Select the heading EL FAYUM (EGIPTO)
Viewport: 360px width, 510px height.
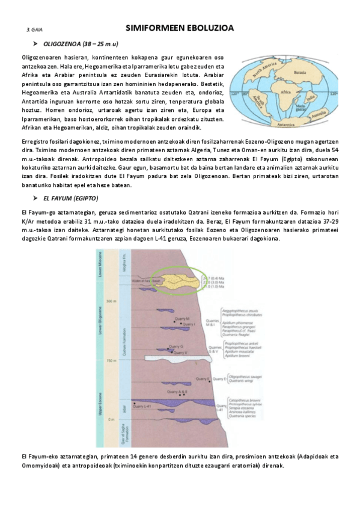point(70,198)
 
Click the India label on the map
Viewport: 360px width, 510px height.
point(310,97)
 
